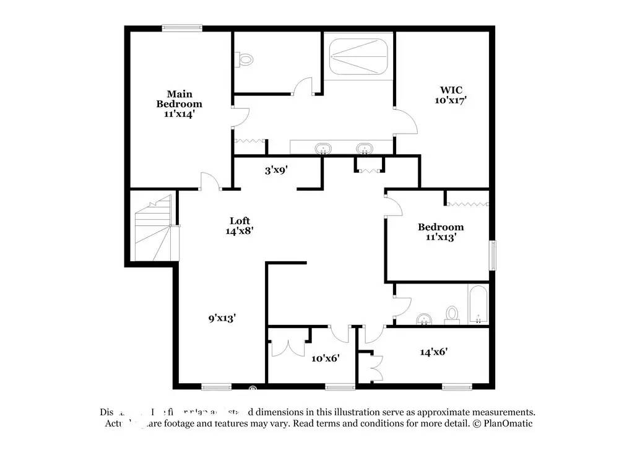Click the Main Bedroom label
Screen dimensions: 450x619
[179, 104]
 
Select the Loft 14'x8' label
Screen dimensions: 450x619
[240, 225]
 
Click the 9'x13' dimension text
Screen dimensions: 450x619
[222, 318]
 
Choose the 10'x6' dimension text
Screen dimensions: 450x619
[326, 358]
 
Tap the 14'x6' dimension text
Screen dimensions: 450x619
[434, 352]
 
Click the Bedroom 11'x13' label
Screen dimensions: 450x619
[441, 231]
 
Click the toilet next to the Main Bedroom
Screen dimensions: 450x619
[246, 59]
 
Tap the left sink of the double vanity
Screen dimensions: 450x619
[323, 149]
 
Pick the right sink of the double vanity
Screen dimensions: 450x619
[365, 149]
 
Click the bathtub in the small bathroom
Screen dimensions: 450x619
[478, 305]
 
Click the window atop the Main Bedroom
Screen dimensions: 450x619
[182, 27]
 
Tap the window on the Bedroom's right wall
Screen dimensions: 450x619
[493, 253]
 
